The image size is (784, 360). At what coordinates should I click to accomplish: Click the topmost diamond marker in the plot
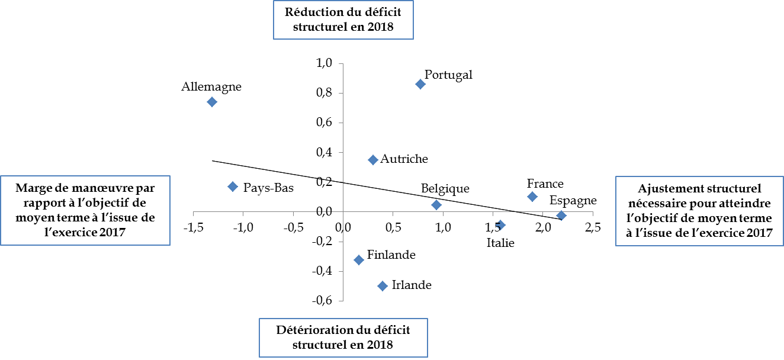[x=420, y=84]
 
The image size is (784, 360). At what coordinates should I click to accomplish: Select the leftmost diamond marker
[x=212, y=102]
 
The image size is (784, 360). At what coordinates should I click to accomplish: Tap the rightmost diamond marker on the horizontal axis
[x=561, y=216]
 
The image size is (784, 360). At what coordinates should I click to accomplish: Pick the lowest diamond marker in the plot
[x=383, y=286]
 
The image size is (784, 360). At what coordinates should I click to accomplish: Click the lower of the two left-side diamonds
[x=233, y=187]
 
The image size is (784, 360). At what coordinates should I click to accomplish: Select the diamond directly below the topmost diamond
[x=436, y=205]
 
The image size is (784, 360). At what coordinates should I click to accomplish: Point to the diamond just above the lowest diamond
[x=359, y=260]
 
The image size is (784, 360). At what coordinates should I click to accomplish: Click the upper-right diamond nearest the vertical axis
[x=373, y=160]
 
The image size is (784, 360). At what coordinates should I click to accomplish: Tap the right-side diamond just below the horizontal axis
[x=500, y=225]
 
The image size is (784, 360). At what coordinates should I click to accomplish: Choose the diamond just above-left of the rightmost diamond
[x=532, y=197]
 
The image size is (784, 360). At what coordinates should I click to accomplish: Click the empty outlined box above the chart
[x=343, y=20]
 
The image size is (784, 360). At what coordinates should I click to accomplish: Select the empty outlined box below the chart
[x=343, y=337]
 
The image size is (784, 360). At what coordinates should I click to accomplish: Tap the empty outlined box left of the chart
[x=85, y=210]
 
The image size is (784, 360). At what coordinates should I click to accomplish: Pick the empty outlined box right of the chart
[x=699, y=211]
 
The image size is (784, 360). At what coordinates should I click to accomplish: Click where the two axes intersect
[x=343, y=212]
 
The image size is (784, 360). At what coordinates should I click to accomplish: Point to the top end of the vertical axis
[x=343, y=64]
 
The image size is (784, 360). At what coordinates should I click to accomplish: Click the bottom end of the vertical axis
[x=343, y=301]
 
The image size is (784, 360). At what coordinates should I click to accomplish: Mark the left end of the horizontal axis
[x=194, y=212]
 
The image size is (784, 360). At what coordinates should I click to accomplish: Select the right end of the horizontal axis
[x=593, y=212]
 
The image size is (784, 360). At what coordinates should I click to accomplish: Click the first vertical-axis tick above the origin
[x=342, y=182]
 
